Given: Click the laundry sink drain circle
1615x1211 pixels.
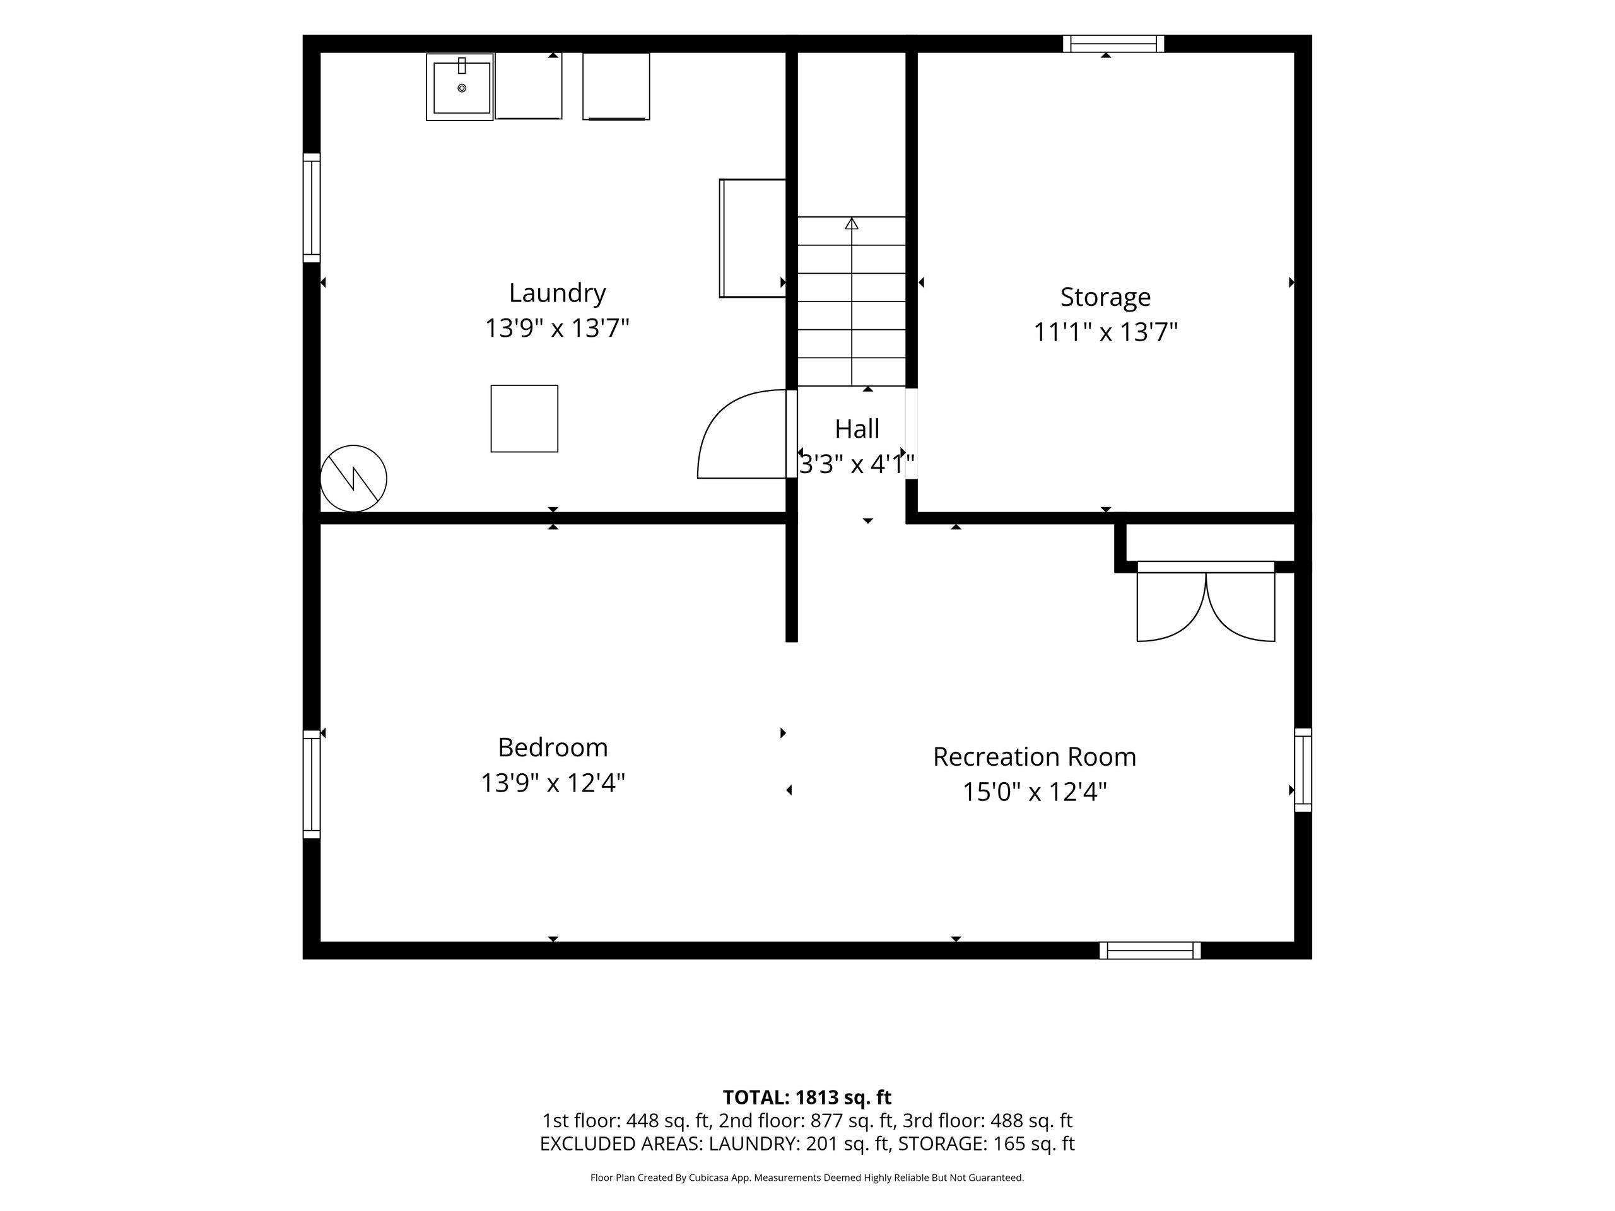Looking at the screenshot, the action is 461,88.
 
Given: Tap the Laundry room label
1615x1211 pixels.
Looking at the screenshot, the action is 557,293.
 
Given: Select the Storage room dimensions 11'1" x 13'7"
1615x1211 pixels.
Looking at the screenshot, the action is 1105,333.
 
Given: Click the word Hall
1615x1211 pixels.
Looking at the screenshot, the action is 857,428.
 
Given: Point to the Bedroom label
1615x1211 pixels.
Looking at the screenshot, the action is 553,747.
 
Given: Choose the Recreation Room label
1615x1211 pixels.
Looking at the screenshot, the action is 1035,757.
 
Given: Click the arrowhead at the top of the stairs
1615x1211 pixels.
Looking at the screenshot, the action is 851,223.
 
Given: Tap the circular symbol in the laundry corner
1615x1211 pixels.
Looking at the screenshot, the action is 353,479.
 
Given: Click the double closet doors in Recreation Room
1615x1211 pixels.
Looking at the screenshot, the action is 1206,602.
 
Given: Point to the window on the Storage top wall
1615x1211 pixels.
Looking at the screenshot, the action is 1113,44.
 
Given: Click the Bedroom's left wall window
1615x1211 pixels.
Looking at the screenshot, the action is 312,784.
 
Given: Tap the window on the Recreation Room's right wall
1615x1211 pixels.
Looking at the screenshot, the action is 1303,769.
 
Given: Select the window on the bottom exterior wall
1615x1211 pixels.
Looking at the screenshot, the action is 1150,951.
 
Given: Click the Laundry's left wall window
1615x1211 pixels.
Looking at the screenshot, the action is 312,208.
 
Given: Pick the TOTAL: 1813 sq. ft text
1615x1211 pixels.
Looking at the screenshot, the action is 807,1097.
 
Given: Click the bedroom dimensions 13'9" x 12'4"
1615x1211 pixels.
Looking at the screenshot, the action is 553,783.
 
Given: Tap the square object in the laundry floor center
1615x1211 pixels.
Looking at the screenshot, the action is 524,419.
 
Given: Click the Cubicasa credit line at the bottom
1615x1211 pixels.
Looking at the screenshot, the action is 807,1178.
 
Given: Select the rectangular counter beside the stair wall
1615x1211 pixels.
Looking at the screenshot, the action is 753,238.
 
